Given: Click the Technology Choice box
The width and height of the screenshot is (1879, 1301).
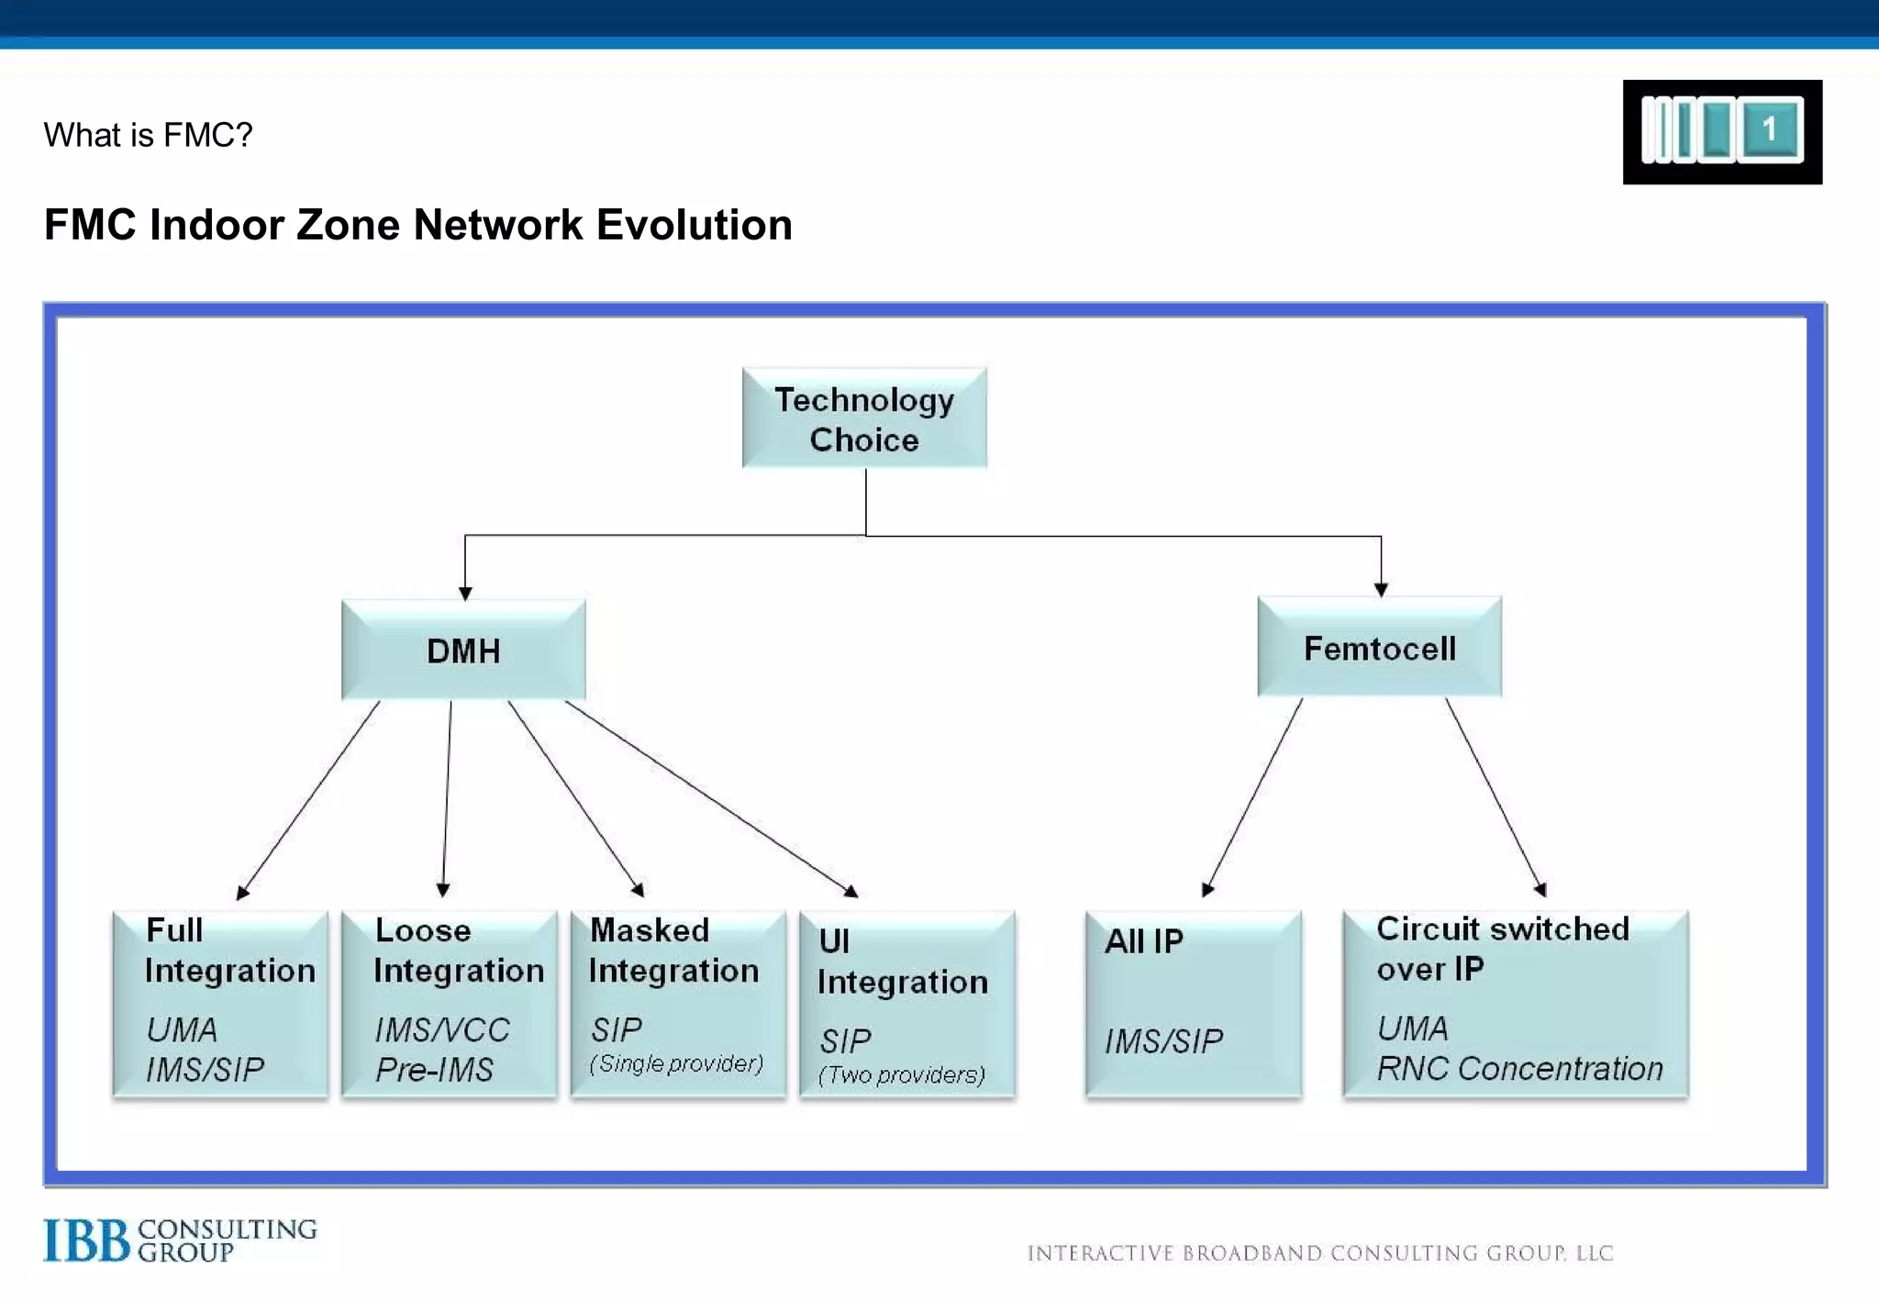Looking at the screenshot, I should click(x=864, y=418).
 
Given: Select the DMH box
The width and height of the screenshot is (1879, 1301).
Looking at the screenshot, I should click(x=463, y=650).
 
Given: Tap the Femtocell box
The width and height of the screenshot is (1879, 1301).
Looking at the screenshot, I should click(x=1379, y=648).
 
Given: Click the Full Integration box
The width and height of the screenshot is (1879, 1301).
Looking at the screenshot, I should click(x=220, y=1004).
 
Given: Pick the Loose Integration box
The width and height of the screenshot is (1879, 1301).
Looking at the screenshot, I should click(x=449, y=1004).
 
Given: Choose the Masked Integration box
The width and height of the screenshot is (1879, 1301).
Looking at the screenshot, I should click(x=678, y=1004).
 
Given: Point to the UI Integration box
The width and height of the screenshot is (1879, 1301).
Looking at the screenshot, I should click(x=906, y=1006).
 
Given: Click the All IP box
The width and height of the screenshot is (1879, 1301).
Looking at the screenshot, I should click(x=1193, y=1004).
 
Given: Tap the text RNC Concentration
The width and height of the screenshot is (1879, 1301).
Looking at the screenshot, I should click(x=1519, y=1069).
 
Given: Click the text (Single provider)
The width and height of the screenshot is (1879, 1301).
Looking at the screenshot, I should click(x=676, y=1063).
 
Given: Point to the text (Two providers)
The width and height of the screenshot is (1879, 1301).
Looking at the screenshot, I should click(x=902, y=1074).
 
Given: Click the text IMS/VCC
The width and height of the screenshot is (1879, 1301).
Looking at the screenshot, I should click(x=441, y=1029).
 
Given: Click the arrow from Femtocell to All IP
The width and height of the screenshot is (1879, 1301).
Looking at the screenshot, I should click(x=1254, y=795).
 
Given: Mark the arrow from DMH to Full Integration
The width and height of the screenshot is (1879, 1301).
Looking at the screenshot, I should click(x=309, y=798).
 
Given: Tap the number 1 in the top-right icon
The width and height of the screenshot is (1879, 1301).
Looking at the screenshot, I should click(x=1769, y=128).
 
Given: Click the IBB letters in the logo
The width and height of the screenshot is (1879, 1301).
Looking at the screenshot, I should click(x=86, y=1240).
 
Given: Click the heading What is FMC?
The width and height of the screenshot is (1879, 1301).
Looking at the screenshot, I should click(x=148, y=135).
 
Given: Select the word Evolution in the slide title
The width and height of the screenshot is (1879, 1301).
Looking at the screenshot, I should click(x=695, y=225).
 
